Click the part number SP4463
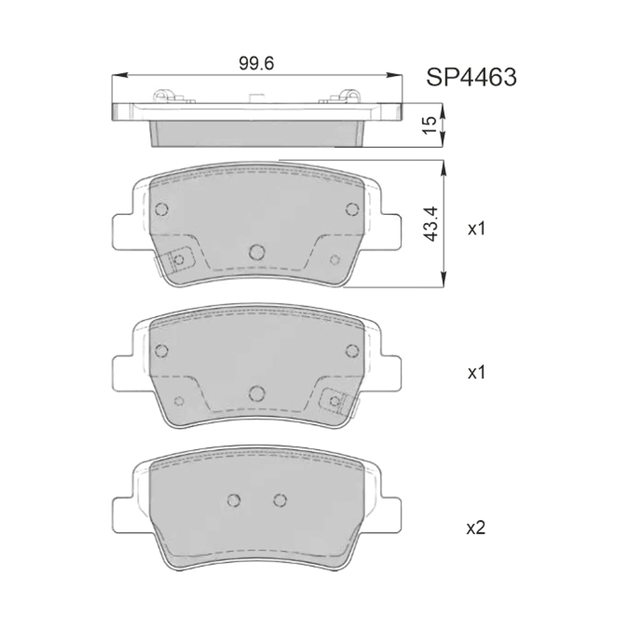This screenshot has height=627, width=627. click(x=471, y=77)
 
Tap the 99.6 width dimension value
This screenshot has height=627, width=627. click(x=257, y=63)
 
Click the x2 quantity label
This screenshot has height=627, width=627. click(x=475, y=528)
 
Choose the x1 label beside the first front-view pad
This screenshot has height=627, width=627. click(x=477, y=229)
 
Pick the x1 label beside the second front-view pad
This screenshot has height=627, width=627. click(x=477, y=373)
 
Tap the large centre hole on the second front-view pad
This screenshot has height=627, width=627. click(x=257, y=393)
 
